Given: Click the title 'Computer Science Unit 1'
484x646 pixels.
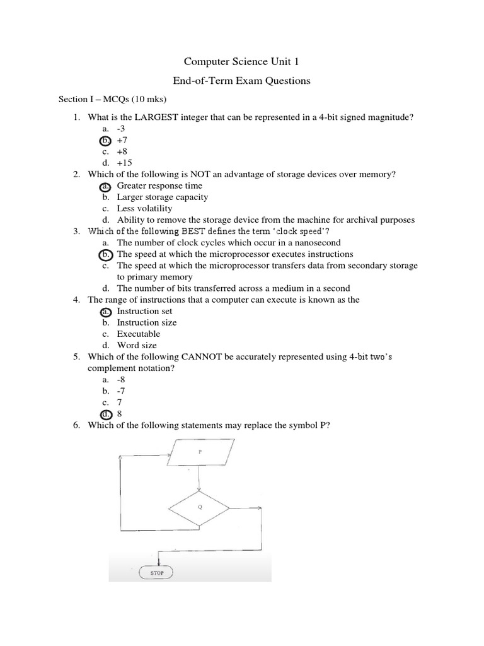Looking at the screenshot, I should click(241, 61).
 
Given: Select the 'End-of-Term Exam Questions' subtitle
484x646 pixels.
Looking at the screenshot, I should click(241, 80).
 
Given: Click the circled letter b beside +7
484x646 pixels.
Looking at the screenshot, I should click(106, 140).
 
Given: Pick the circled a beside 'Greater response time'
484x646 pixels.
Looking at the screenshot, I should click(106, 186).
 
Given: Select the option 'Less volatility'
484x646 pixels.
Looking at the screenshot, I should click(144, 208).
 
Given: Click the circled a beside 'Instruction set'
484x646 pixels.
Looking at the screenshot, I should click(106, 311).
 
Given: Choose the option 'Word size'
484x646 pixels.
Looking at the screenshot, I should click(137, 345).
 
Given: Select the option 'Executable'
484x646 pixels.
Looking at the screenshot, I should click(139, 334).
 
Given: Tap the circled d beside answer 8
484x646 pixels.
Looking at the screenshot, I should click(106, 414).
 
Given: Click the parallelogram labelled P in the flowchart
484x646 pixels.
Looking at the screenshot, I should click(199, 453).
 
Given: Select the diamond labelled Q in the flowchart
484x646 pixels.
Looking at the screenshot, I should click(199, 507).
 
